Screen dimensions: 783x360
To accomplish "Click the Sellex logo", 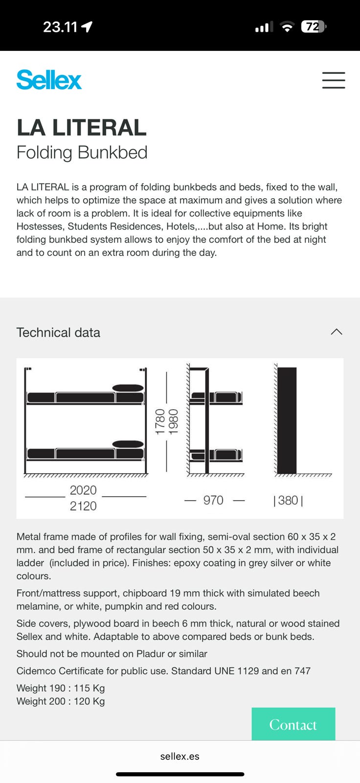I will click(49, 80).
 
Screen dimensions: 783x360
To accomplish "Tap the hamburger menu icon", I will click(334, 80).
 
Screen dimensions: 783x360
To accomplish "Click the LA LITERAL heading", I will click(81, 128).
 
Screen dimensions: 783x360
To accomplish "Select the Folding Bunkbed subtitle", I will click(82, 153).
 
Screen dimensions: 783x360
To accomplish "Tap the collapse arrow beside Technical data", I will click(337, 332).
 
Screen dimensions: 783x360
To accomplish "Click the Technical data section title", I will click(58, 332).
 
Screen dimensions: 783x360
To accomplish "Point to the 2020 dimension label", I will click(83, 490).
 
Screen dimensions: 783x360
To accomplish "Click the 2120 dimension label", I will click(83, 506).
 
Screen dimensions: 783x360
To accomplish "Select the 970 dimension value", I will click(213, 500).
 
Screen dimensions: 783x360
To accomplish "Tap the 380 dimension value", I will click(288, 500).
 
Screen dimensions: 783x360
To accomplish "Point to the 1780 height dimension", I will click(160, 422).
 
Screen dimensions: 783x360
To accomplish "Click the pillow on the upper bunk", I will click(128, 388).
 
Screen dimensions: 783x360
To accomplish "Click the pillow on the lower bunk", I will click(128, 444).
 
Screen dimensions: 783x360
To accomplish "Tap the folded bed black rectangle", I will click(287, 420).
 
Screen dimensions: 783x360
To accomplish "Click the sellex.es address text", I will click(180, 756).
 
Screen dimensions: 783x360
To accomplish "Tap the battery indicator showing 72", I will click(313, 26).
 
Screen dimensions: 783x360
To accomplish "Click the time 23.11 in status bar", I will click(60, 27).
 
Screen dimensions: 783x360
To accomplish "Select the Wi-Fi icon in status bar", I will click(287, 27).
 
